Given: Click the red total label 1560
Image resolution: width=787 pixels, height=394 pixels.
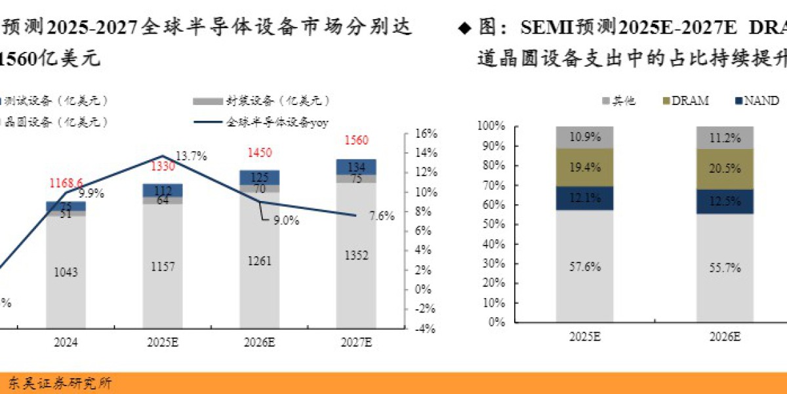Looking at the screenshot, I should pos(356,140).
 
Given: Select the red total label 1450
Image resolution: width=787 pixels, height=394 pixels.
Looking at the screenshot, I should pos(259,153).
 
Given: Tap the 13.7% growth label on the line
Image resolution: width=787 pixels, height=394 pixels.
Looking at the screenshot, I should pos(192,156).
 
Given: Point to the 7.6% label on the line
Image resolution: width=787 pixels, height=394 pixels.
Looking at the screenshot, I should pos(382,216).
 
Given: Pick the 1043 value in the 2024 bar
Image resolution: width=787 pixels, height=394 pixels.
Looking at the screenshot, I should pos(66,272).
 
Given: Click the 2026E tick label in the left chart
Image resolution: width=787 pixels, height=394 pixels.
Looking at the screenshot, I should pos(259,342).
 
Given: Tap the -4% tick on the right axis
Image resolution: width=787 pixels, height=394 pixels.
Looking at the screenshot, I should pos(425,328).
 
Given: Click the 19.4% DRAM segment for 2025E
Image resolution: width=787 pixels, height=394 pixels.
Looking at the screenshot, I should pos(585,168).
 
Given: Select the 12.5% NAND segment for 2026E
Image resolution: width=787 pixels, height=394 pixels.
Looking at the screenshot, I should pos(725,201).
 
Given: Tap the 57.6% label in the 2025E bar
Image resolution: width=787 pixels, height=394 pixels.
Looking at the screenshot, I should pos(585,267).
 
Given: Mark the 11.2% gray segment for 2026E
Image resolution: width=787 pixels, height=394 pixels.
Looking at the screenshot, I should pos(725,138).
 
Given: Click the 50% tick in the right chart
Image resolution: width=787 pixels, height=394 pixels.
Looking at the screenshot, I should pos(491,224).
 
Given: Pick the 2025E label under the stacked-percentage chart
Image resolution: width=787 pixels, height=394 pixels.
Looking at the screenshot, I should pos(585,336).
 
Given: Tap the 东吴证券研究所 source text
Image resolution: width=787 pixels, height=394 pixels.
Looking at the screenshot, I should pos(59,383).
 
